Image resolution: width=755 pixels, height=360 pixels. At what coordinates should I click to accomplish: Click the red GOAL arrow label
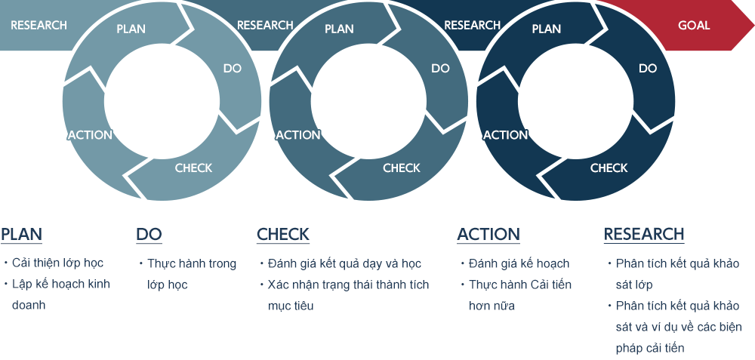point(694,25)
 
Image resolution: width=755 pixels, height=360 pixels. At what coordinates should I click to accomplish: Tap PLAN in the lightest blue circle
point(131,29)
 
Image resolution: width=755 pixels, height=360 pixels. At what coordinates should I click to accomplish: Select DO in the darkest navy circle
point(648,69)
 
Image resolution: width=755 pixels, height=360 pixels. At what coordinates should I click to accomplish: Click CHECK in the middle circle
point(402,168)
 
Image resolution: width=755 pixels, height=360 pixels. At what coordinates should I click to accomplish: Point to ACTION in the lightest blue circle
point(90,135)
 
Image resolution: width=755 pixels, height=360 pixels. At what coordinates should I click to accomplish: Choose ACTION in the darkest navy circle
point(506,135)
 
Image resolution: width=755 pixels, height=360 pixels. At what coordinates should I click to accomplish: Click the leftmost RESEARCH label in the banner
point(39,25)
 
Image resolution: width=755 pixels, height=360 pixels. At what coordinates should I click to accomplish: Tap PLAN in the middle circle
point(339,29)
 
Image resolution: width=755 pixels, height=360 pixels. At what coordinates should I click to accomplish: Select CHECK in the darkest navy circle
point(609,168)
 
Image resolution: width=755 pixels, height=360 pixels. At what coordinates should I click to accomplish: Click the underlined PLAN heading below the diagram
point(22,235)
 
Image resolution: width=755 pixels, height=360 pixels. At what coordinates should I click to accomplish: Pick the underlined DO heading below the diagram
point(149,235)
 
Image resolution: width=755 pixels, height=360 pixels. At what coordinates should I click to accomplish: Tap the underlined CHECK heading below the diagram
point(283,235)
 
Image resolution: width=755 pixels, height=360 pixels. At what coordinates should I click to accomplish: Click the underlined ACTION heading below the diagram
point(488,235)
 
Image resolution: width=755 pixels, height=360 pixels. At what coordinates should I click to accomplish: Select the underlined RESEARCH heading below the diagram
point(644,235)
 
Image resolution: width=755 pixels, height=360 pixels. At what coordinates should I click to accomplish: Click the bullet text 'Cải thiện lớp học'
point(57,263)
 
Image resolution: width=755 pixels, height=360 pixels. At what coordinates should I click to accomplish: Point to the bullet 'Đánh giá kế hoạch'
point(519,263)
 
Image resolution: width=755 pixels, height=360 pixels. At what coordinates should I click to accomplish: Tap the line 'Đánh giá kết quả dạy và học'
point(344,263)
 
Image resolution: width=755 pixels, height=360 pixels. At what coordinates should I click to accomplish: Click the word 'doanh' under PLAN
point(29,305)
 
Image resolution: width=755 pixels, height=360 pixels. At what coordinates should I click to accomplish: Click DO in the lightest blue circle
point(232,69)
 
